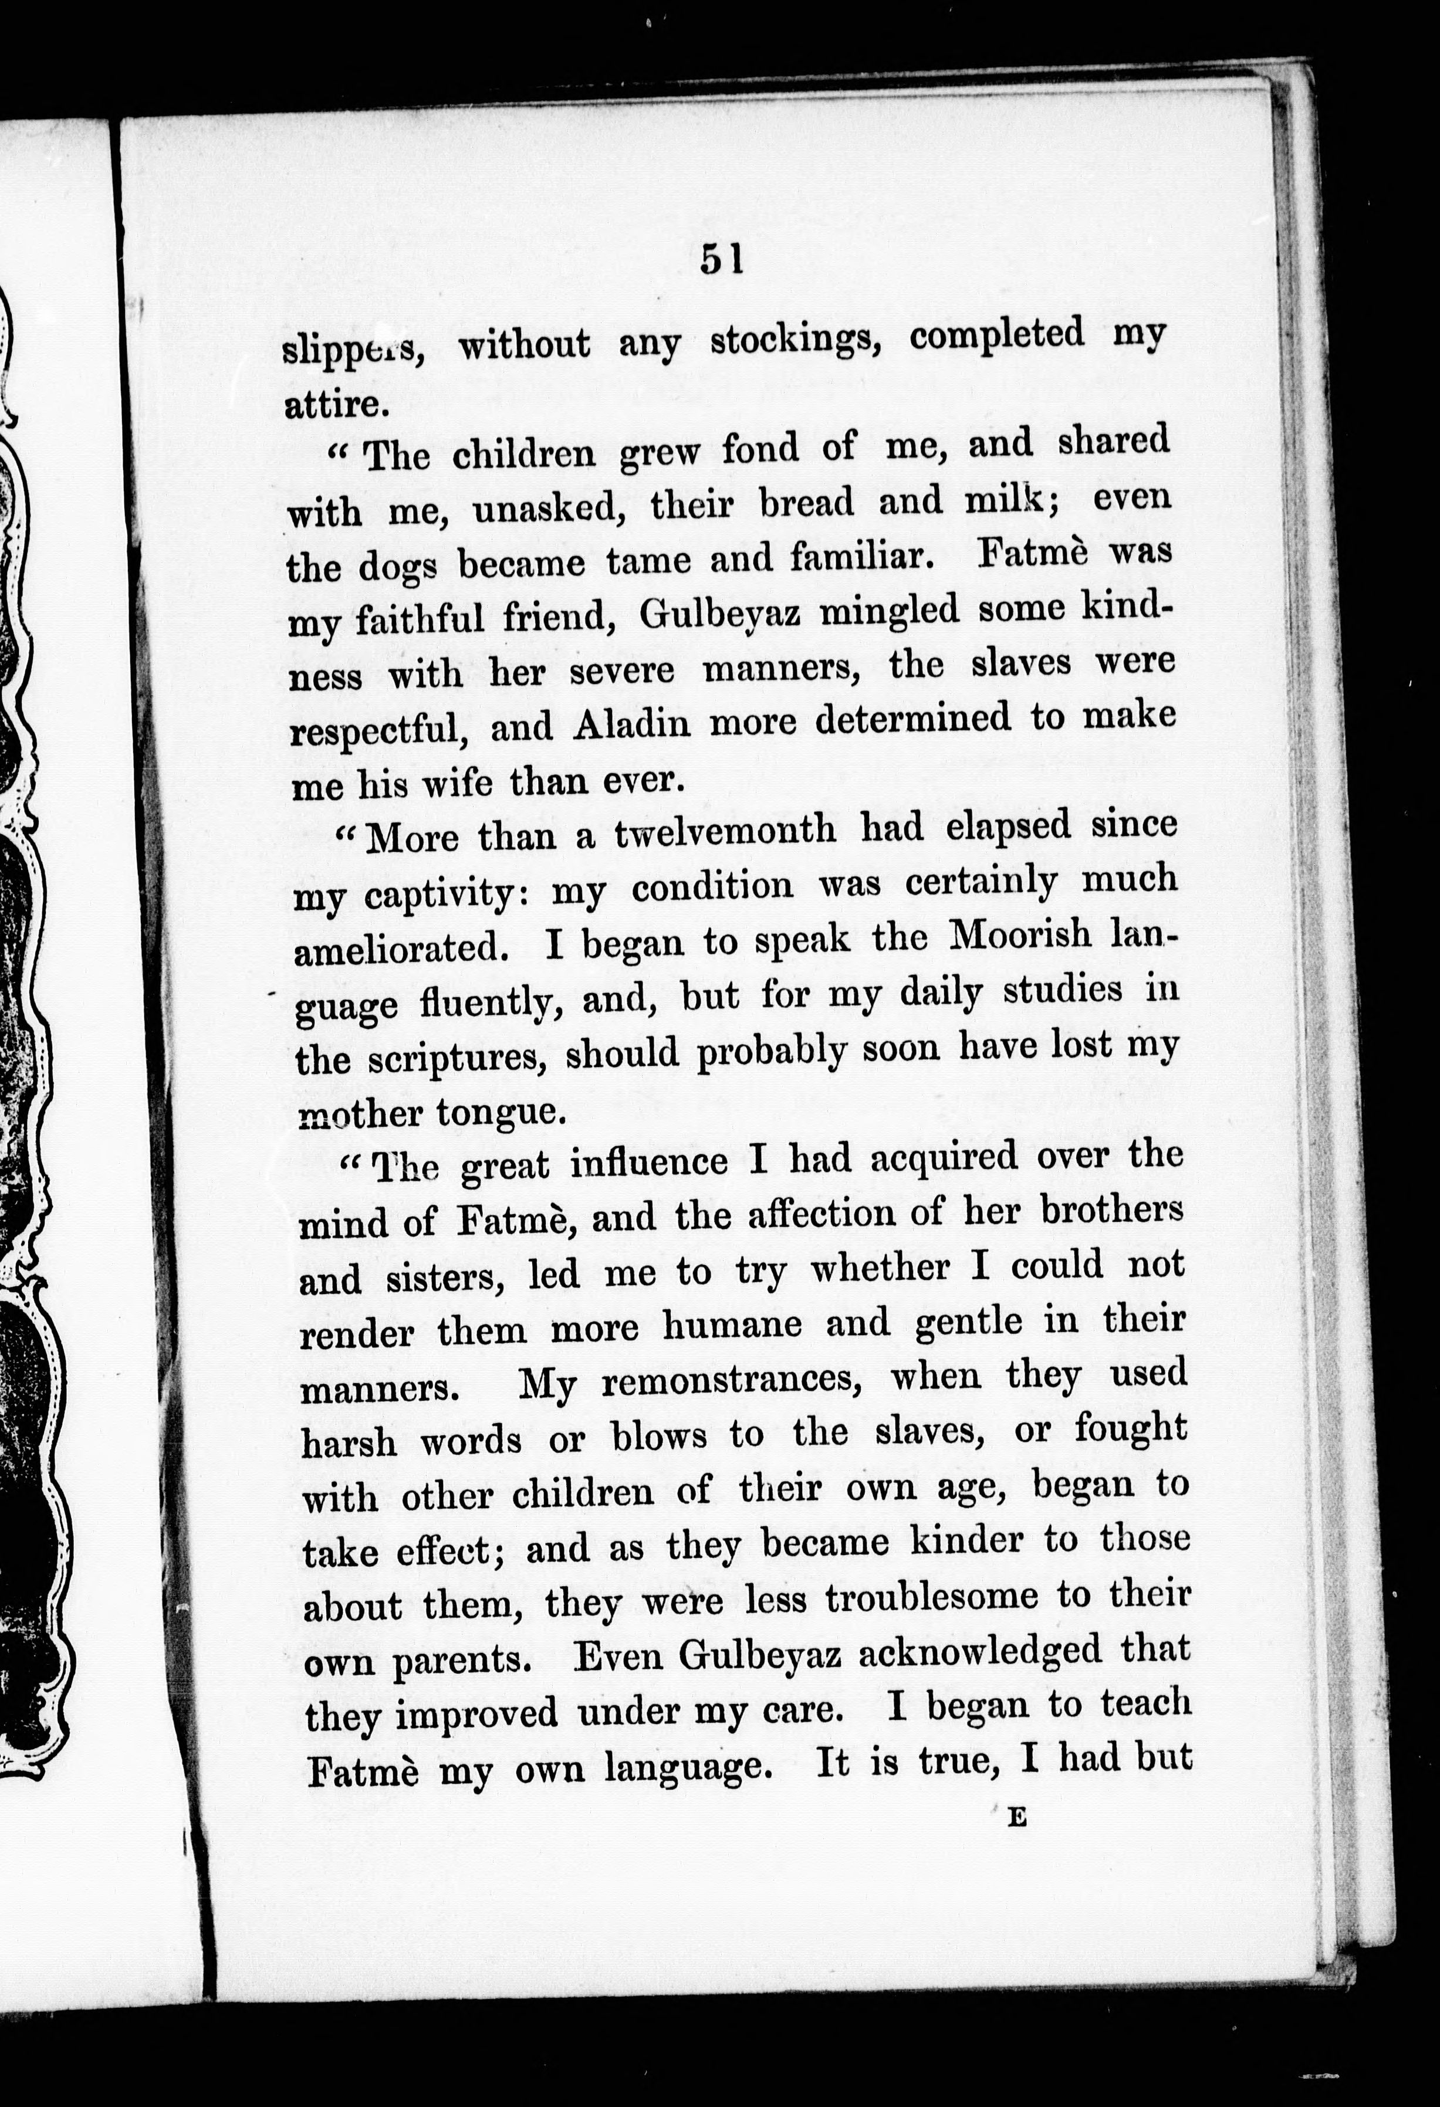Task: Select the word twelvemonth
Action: [725, 831]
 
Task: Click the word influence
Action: [648, 1163]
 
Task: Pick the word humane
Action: [733, 1326]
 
